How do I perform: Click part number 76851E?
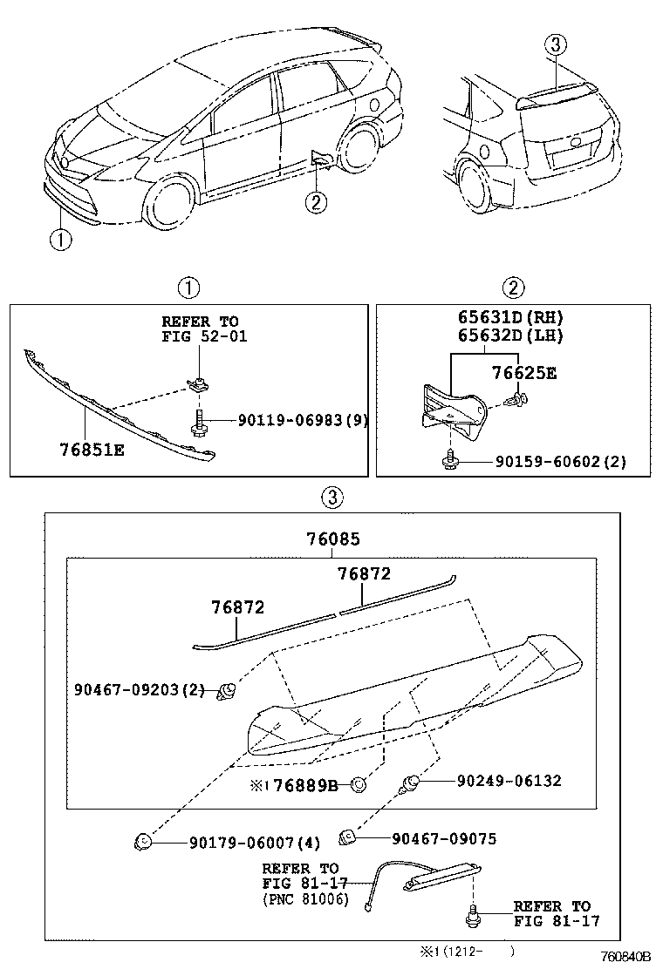pos(91,451)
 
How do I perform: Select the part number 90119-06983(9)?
pos(303,420)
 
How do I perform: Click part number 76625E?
pos(523,373)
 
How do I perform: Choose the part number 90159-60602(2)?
pos(558,462)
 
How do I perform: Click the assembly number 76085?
pos(332,540)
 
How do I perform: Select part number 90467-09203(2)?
pos(140,691)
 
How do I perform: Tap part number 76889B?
pos(304,785)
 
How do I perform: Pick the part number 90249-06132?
pos(509,781)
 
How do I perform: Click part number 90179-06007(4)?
pos(255,843)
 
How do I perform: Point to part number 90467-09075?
pos(444,838)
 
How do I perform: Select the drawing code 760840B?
pos(625,956)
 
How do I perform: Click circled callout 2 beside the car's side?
pos(316,202)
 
